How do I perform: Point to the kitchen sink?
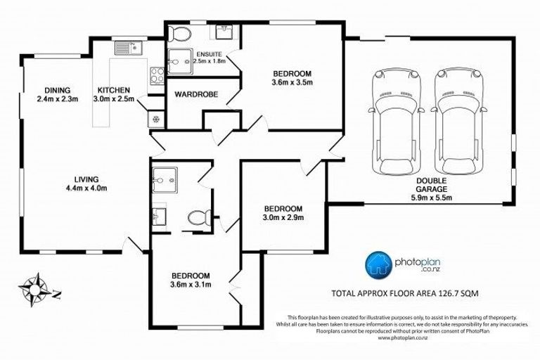point(128,48)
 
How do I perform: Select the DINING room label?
point(56,90)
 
